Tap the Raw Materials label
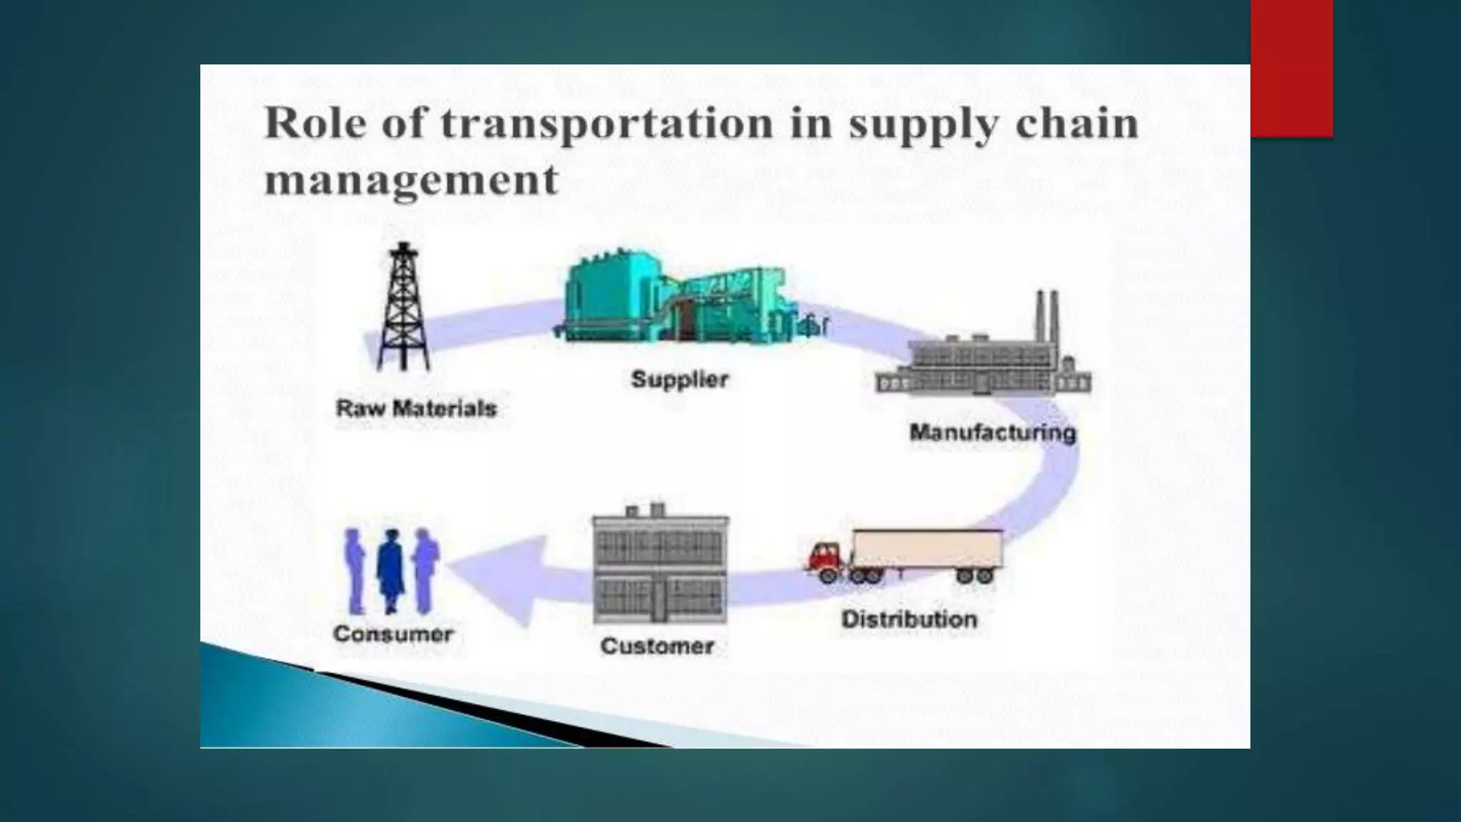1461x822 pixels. pyautogui.click(x=416, y=409)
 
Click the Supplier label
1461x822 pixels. pyautogui.click(x=680, y=379)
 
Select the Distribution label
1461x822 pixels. pyautogui.click(x=909, y=619)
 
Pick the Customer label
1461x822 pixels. pyautogui.click(x=657, y=646)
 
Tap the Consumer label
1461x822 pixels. pyautogui.click(x=393, y=634)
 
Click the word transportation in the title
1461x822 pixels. pyautogui.click(x=606, y=124)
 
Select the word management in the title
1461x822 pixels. pyautogui.click(x=411, y=179)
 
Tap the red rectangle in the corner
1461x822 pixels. pyautogui.click(x=1291, y=68)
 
